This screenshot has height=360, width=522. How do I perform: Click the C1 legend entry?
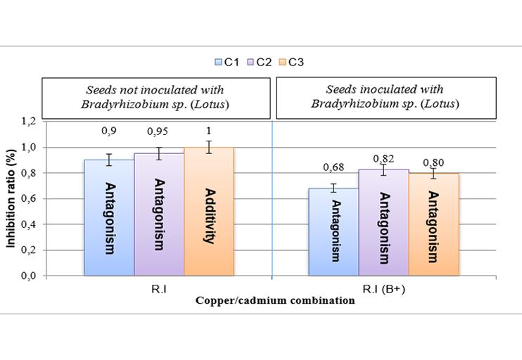click(x=227, y=62)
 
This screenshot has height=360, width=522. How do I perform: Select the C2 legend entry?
click(x=260, y=62)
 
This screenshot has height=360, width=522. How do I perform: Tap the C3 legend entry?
click(x=292, y=62)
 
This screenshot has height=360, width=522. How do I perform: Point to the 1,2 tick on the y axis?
click(x=29, y=122)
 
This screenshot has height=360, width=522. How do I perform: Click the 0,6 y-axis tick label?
click(x=29, y=198)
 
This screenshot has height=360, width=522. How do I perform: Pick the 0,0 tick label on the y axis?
click(x=29, y=276)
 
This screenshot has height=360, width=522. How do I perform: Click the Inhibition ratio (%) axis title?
click(x=11, y=198)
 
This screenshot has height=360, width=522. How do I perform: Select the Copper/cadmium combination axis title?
click(x=275, y=300)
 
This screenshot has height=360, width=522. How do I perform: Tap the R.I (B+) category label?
click(x=384, y=289)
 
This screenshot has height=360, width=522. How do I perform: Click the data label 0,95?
click(x=158, y=131)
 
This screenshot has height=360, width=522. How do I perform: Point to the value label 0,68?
click(x=333, y=167)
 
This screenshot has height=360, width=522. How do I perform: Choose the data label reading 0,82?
click(x=383, y=159)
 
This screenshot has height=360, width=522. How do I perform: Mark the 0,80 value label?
click(x=433, y=162)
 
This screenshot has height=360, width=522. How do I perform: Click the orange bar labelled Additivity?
click(x=209, y=212)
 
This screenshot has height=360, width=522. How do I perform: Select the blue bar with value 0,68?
click(x=333, y=232)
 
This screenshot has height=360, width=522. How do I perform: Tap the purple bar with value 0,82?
click(x=383, y=223)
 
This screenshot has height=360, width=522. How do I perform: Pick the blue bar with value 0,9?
click(x=109, y=218)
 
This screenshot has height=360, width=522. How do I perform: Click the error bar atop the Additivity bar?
click(x=209, y=147)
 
